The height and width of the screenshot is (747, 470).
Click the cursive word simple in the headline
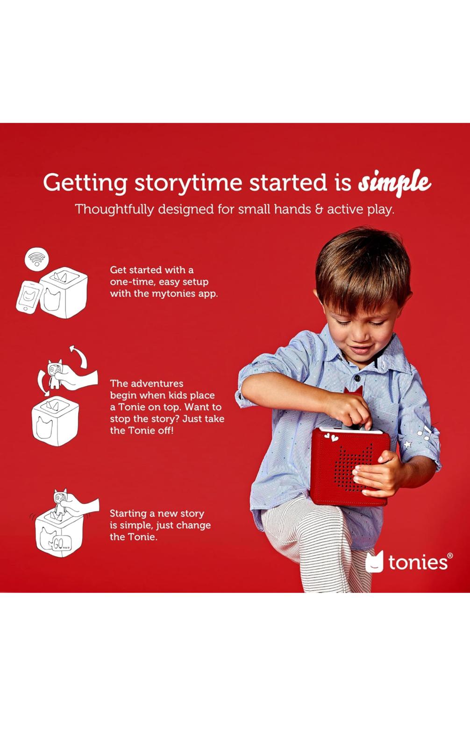(395, 183)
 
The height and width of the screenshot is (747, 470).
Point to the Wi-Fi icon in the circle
(37, 259)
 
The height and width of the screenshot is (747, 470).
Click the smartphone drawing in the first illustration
(29, 297)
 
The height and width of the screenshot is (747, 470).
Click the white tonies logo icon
(374, 562)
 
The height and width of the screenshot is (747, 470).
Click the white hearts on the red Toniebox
(331, 437)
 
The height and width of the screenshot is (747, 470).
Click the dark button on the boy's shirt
(357, 378)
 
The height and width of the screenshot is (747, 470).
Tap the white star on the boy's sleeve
(407, 444)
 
